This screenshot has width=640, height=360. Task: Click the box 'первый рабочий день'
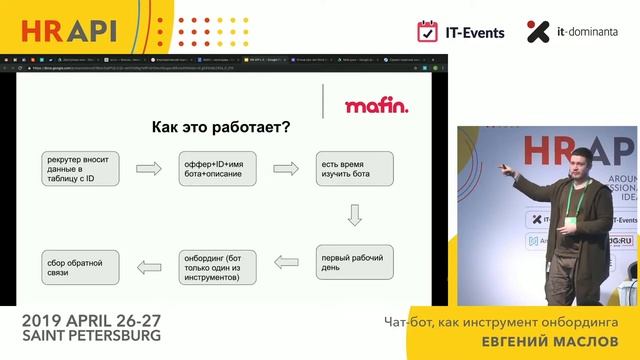[351, 261]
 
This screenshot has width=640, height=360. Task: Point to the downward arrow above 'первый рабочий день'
[353, 214]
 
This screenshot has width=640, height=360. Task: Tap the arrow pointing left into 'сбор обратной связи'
[147, 265]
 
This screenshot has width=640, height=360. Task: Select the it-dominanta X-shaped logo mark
[538, 32]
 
